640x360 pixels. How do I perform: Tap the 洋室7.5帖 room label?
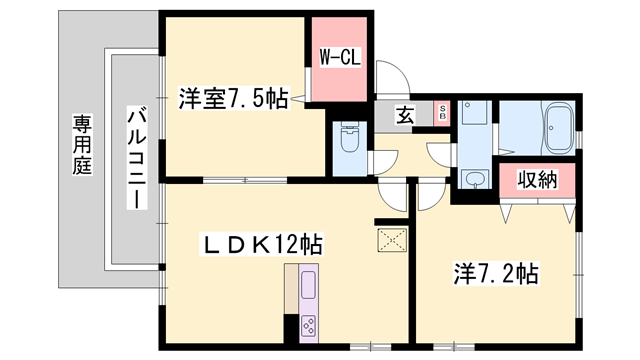click(x=233, y=99)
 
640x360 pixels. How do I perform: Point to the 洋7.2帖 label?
click(x=498, y=272)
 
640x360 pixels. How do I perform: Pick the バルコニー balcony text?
click(x=133, y=158)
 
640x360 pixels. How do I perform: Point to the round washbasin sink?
click(x=473, y=180)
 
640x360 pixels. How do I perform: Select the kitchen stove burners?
click(x=308, y=325)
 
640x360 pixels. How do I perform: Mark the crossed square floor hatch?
click(x=389, y=239)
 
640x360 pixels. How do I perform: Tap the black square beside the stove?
click(x=290, y=324)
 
